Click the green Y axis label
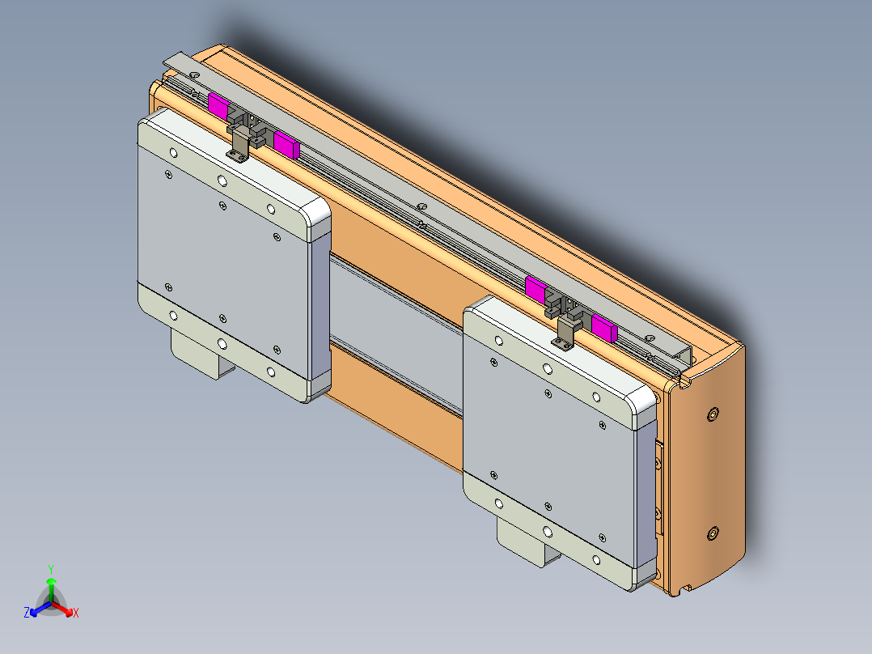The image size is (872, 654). point(50,569)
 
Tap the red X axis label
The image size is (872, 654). point(76,614)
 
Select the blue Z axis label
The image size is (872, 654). point(27,614)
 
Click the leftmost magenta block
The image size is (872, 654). point(218,104)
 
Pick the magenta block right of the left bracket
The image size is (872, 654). point(286,144)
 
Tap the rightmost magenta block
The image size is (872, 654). point(603,327)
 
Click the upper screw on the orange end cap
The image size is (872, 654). point(712,414)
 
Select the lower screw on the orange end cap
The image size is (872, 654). point(712,533)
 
